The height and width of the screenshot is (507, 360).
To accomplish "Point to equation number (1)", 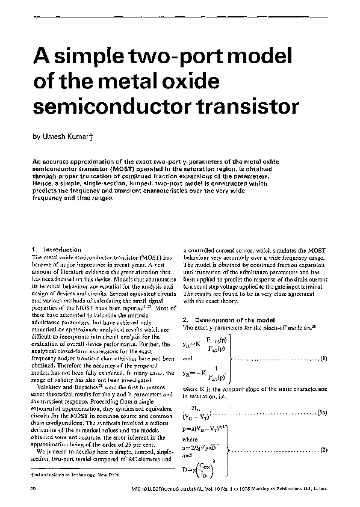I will [323, 359].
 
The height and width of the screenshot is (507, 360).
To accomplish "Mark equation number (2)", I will [323, 450].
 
